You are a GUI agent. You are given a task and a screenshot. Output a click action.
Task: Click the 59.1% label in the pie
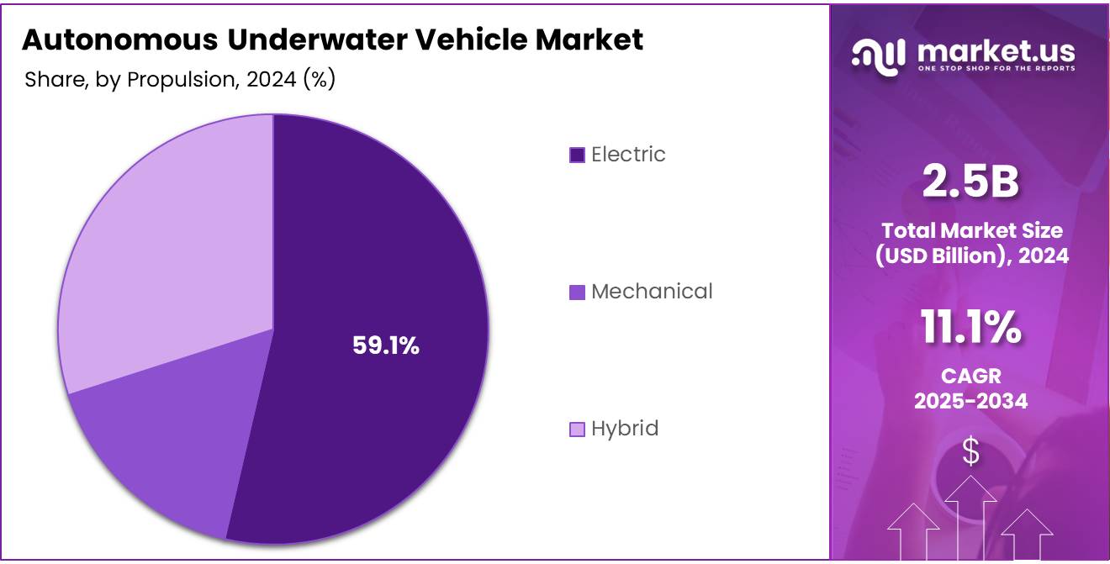(385, 345)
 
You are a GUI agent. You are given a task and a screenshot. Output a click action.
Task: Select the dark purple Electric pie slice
(395, 252)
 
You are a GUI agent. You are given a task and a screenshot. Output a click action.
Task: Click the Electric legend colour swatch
(577, 155)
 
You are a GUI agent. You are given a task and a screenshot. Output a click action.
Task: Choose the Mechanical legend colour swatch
(577, 293)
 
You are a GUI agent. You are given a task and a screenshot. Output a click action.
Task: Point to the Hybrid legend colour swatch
(577, 430)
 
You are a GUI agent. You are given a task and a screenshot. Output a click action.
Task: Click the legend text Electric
(628, 155)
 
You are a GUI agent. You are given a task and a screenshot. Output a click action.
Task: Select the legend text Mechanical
(652, 292)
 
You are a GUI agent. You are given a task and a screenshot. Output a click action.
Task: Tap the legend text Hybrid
(625, 429)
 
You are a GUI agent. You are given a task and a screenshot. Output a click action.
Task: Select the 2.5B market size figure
(970, 182)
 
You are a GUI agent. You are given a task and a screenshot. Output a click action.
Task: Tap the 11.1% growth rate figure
(970, 328)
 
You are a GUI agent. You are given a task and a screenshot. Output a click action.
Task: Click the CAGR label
(970, 376)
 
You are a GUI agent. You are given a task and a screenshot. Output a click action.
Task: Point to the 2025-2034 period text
(970, 401)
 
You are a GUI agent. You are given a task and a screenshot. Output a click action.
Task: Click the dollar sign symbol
(970, 452)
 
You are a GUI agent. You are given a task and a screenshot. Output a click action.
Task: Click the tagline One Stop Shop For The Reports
(996, 68)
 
